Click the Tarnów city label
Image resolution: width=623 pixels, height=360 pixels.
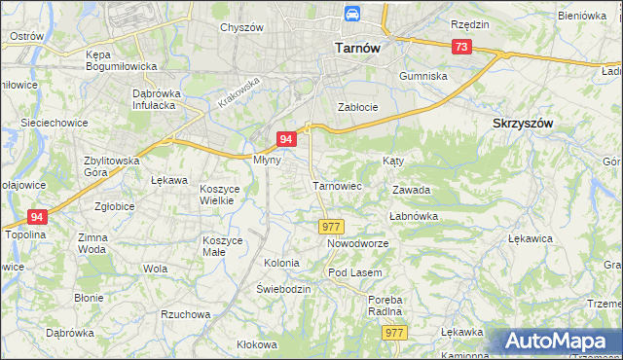356,47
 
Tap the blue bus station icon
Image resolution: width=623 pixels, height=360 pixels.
350,15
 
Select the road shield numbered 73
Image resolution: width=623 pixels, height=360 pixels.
461,48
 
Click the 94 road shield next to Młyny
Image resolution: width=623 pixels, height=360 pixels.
286,140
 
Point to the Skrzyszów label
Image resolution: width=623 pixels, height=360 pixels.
523,124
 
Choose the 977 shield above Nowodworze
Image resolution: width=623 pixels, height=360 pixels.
329,226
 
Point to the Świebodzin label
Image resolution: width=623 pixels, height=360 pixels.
283,289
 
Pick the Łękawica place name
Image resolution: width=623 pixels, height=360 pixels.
531,237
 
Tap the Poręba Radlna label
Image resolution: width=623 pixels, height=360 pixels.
385,306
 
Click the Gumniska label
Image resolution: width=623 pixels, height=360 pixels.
423,75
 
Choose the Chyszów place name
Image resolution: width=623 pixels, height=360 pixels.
242,27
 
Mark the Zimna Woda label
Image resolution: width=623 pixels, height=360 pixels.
92,243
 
